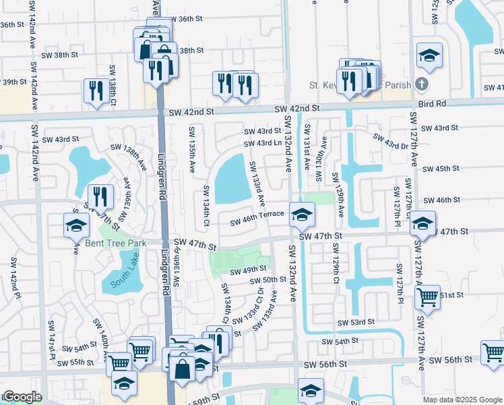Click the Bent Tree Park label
click(116, 243)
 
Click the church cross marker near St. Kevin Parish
click(422, 85)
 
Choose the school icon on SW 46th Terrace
click(302, 215)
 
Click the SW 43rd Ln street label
click(263, 143)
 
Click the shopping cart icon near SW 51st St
click(427, 296)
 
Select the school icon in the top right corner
click(429, 57)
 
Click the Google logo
click(22, 397)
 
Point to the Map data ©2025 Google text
click(462, 400)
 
